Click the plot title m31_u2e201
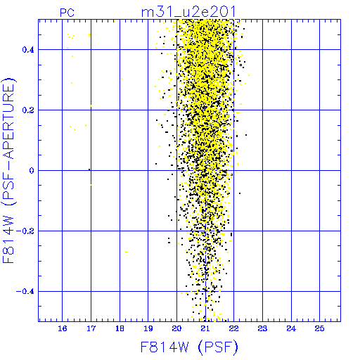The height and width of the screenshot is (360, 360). (x=188, y=12)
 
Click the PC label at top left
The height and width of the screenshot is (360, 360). (x=67, y=13)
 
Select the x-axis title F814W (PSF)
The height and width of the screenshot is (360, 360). (x=189, y=347)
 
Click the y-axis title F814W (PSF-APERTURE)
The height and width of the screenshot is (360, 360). (x=8, y=170)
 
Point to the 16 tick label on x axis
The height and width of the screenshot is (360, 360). (x=63, y=328)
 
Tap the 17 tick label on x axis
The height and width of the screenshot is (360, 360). (x=91, y=328)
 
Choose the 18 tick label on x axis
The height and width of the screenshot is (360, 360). (x=120, y=328)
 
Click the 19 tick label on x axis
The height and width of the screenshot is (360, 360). (x=148, y=328)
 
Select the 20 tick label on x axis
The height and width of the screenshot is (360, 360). (x=176, y=328)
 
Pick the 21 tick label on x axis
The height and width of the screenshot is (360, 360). (x=205, y=328)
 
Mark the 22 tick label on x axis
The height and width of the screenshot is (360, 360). (x=234, y=328)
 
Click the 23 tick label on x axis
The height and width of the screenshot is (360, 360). (x=262, y=328)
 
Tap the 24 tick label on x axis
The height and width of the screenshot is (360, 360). (x=291, y=328)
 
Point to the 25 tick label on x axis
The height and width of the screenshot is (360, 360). (x=320, y=328)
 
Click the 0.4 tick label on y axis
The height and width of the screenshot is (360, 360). (x=28, y=50)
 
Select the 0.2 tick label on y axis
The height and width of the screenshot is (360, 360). (x=28, y=110)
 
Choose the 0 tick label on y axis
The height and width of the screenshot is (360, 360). (x=32, y=171)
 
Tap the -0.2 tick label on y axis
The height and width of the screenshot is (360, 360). (x=25, y=231)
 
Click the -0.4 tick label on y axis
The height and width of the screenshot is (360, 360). (x=25, y=292)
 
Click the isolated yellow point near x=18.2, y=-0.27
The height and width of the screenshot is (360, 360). (x=127, y=252)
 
